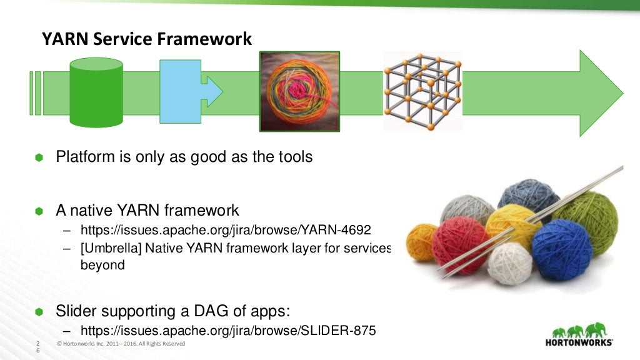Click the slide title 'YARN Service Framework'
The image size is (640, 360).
coord(147,39)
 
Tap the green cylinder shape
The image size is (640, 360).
coord(96,91)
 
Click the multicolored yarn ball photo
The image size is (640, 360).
coord(299,91)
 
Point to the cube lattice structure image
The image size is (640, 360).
coord(422,91)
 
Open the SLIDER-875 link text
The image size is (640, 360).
coord(228,331)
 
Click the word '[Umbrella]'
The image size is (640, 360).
coord(111,247)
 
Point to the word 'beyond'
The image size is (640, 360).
coord(103,264)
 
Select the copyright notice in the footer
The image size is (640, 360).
coord(121,344)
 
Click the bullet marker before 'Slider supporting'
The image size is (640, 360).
coord(39,312)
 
